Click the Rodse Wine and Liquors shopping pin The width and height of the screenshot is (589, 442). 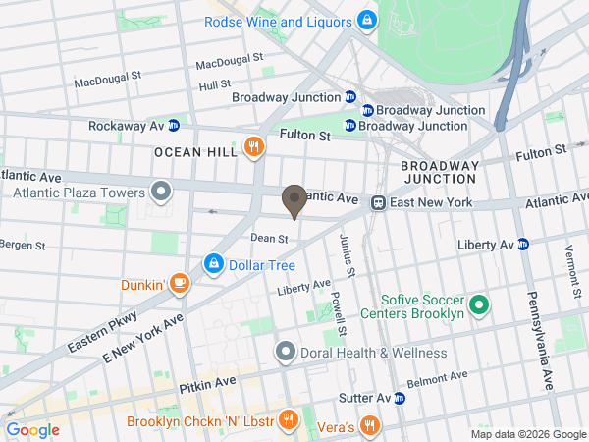366,19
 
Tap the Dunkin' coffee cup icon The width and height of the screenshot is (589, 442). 179,284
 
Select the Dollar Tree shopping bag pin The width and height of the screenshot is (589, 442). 213,264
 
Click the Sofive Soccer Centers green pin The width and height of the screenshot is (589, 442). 479,304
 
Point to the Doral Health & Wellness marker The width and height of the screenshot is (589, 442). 286,352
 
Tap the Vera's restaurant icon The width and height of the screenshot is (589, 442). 369,424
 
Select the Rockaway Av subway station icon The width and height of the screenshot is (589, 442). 174,126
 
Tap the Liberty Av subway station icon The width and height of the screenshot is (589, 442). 523,244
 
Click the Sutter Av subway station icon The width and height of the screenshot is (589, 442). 400,398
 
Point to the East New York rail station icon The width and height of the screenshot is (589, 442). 377,202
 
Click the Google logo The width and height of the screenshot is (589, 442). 32,429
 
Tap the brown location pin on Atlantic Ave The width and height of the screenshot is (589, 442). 294,201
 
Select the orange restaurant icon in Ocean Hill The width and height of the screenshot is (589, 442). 254,147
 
